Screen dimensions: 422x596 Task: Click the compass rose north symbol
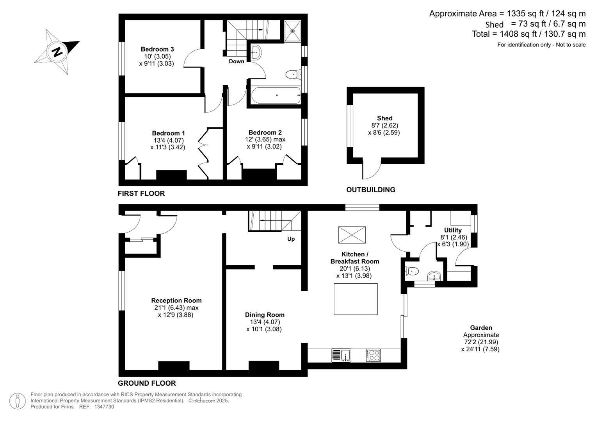pos(58,51)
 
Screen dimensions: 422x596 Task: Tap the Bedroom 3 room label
pos(157,49)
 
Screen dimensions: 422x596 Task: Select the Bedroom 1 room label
pos(168,133)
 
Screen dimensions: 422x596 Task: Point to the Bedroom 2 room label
pos(265,132)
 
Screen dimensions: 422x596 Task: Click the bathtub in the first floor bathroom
pos(276,95)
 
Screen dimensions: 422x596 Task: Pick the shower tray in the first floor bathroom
pos(292,31)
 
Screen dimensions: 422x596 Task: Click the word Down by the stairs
pos(236,61)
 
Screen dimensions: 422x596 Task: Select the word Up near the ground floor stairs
pos(291,239)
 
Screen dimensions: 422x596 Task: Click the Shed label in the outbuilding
pos(384,118)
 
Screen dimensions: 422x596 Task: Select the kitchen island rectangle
pos(356,299)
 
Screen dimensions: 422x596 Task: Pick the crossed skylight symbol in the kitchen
pos(351,235)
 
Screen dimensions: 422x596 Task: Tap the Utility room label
pos(453,230)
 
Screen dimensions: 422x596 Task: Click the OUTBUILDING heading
pos(370,190)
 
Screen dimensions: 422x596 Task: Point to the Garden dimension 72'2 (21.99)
pos(481,342)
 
